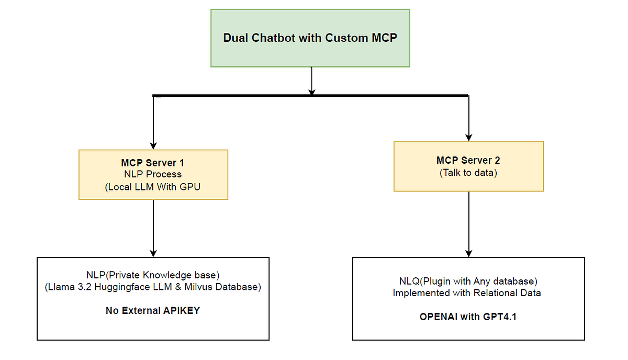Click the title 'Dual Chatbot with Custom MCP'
pyautogui.click(x=310, y=38)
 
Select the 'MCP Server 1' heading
pyautogui.click(x=153, y=163)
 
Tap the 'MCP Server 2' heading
pyautogui.click(x=468, y=160)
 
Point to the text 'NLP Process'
pyautogui.click(x=153, y=174)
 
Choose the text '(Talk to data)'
pyautogui.click(x=468, y=172)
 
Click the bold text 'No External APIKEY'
pyautogui.click(x=153, y=311)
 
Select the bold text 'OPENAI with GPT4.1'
pyautogui.click(x=468, y=317)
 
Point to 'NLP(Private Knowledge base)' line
pyautogui.click(x=153, y=275)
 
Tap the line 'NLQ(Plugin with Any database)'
pyautogui.click(x=468, y=282)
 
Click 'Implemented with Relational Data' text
pyautogui.click(x=468, y=293)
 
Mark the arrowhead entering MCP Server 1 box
pyautogui.click(x=153, y=145)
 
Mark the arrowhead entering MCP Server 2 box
pyautogui.click(x=469, y=138)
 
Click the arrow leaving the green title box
pyautogui.click(x=312, y=81)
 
